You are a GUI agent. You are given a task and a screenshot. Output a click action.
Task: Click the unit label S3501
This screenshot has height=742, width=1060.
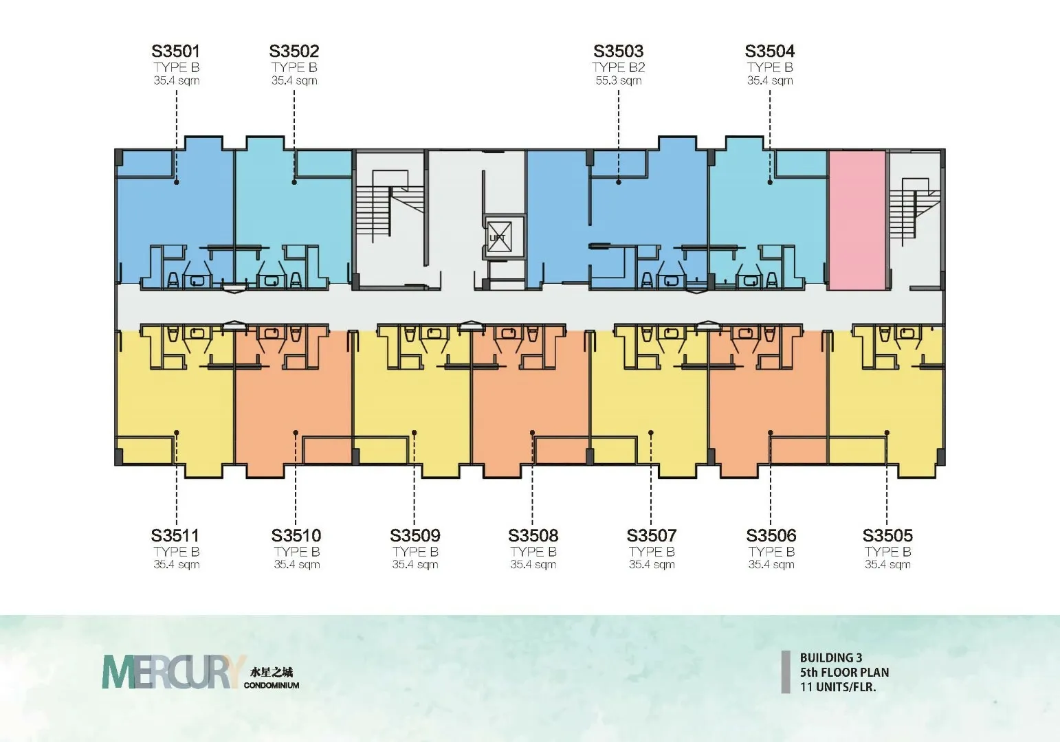click(175, 51)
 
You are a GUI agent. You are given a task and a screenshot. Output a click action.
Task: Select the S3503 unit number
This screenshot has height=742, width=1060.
click(619, 51)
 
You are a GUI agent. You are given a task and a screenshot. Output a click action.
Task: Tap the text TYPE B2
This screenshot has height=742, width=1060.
click(619, 67)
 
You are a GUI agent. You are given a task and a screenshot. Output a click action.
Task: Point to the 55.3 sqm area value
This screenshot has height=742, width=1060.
click(619, 81)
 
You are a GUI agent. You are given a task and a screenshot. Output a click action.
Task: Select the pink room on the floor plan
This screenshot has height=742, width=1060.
click(857, 219)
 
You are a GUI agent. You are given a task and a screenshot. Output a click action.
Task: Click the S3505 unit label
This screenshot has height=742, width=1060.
click(887, 535)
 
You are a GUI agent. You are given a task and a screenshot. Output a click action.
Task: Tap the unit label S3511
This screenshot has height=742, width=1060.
click(175, 535)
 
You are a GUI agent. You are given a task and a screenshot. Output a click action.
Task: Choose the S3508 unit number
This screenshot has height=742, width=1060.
click(533, 535)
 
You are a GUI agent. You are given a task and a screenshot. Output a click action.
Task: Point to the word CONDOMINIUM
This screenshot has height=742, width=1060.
click(272, 685)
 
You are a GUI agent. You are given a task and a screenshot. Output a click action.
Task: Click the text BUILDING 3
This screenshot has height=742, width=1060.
click(831, 657)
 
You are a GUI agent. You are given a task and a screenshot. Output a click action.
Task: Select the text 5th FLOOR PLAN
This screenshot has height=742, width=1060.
click(844, 672)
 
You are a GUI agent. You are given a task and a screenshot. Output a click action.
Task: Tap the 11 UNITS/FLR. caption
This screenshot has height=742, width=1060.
click(838, 686)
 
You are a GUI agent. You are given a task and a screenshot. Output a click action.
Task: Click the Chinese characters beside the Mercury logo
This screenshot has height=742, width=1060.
click(271, 672)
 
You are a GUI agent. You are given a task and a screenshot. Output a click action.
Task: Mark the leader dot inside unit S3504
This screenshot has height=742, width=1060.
click(770, 182)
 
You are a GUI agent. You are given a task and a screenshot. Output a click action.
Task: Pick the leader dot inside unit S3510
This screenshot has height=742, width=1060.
click(296, 433)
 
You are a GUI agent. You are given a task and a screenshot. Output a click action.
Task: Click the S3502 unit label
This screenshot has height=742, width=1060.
click(294, 51)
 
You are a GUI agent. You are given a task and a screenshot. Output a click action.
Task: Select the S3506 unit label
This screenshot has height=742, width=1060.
click(771, 535)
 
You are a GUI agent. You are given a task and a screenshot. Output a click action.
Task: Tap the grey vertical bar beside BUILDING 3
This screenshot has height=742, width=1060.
click(786, 672)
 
